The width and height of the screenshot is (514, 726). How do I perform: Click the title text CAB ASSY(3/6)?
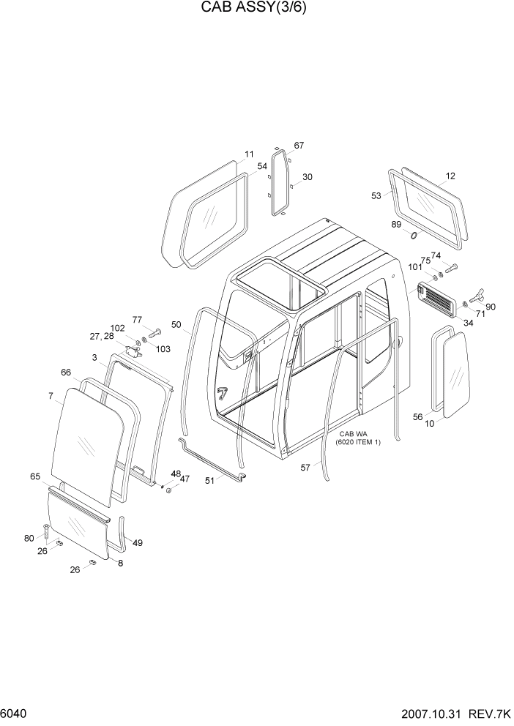coord(256,10)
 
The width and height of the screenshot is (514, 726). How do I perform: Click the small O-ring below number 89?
coord(414,236)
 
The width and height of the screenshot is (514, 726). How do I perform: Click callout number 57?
coord(305,467)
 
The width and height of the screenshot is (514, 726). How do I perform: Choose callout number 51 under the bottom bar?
coord(210,481)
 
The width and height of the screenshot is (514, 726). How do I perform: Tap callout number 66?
coord(66,373)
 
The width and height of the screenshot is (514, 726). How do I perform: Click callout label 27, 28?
coord(103,336)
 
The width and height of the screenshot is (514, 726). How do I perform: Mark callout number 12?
coord(450,176)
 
